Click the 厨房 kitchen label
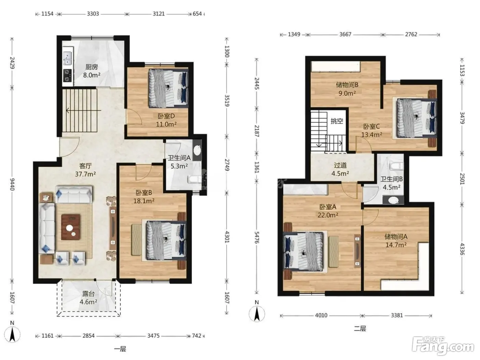[92, 67]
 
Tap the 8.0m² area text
[92, 75]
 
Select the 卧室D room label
[166, 116]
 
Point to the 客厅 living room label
[85, 166]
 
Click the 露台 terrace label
[88, 294]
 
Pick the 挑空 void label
[337, 121]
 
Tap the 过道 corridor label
[340, 165]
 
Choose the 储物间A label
[396, 237]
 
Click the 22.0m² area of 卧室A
[328, 215]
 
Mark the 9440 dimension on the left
[12, 184]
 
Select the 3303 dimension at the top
[93, 14]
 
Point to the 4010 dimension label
[321, 315]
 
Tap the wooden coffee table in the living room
[71, 227]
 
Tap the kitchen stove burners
[67, 75]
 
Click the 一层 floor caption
[120, 349]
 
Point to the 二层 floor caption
[360, 328]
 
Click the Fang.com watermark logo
[443, 346]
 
